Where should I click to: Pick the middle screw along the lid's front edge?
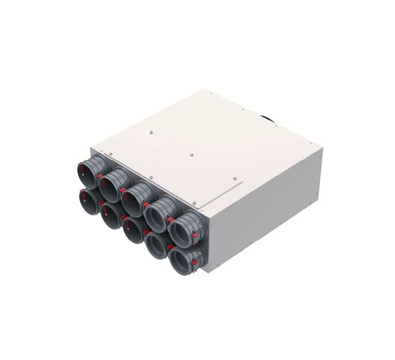pyautogui.click(x=151, y=177)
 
